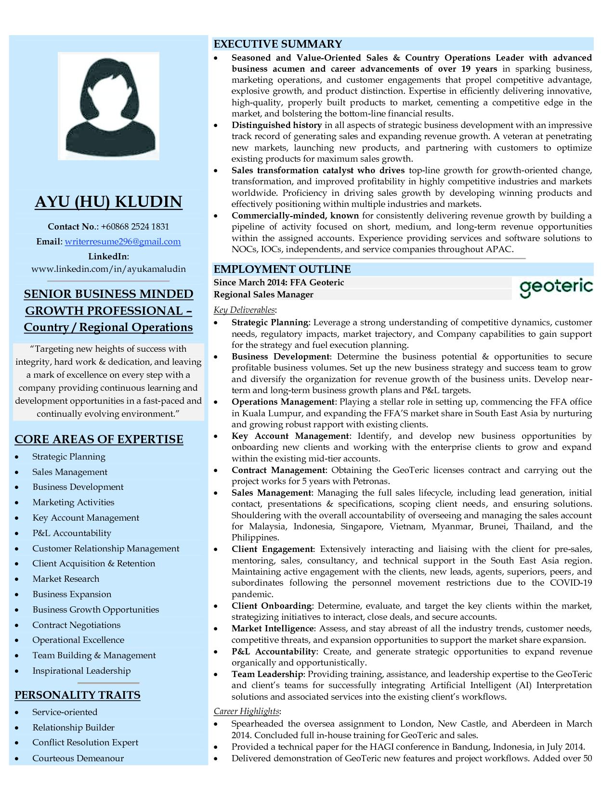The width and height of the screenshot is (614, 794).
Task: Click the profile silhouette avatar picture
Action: (x=108, y=106)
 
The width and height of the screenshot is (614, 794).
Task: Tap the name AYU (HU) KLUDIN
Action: (x=108, y=202)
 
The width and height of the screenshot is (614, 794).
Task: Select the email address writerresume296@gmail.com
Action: (x=123, y=242)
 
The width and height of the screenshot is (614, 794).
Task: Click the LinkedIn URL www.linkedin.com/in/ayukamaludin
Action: (x=108, y=269)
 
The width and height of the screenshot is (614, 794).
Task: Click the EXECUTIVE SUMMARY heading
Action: (x=277, y=44)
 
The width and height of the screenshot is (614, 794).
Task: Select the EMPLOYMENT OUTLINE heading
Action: (x=282, y=269)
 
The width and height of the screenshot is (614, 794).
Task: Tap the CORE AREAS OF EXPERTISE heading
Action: (x=99, y=439)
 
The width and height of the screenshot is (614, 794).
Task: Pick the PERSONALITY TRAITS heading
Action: (x=78, y=695)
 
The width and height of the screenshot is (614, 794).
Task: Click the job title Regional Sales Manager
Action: (x=263, y=295)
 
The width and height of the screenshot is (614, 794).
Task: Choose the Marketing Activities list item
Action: (x=73, y=502)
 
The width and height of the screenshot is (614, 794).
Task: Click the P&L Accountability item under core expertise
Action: (x=72, y=533)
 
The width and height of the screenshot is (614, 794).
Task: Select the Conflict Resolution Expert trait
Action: (x=85, y=743)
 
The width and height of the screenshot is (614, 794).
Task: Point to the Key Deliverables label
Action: (x=244, y=310)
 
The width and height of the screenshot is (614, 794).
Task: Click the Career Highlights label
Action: (x=247, y=711)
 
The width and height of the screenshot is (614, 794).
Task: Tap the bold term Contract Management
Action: (x=278, y=470)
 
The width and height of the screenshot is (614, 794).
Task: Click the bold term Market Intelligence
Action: (x=273, y=628)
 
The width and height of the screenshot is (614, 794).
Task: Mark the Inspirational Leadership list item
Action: (x=81, y=671)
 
